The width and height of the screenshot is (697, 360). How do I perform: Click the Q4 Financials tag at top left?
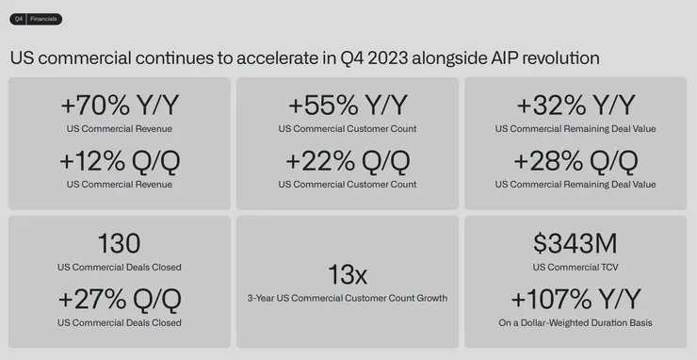coord(36,19)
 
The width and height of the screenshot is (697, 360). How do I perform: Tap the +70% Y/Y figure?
coord(119,105)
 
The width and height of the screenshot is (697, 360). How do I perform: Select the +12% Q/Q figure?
coord(119,160)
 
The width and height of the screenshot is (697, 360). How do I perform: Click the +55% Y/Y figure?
coord(348,105)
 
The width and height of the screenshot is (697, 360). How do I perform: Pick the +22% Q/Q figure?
coord(348,160)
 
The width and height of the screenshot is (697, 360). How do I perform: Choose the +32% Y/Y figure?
coord(575,105)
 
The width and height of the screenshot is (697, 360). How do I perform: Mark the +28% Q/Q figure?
coord(575,160)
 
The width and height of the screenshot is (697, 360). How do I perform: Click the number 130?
coord(119,243)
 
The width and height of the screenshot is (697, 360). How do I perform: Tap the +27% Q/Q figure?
coord(119,300)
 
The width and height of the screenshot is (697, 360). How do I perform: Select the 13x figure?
coord(348,275)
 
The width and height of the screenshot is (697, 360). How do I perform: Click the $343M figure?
coord(575,243)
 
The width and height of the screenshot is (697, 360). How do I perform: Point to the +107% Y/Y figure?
coord(575,300)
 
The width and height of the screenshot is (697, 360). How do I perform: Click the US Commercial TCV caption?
coord(575,267)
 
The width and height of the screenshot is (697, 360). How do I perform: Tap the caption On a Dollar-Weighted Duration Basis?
coord(575,323)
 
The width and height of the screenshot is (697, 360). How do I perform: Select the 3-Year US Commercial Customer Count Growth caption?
coord(348,299)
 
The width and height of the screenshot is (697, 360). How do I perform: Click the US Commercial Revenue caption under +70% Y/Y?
coord(119,128)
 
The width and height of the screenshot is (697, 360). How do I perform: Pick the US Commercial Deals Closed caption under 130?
coord(119,267)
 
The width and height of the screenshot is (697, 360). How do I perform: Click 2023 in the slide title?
coord(394,57)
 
